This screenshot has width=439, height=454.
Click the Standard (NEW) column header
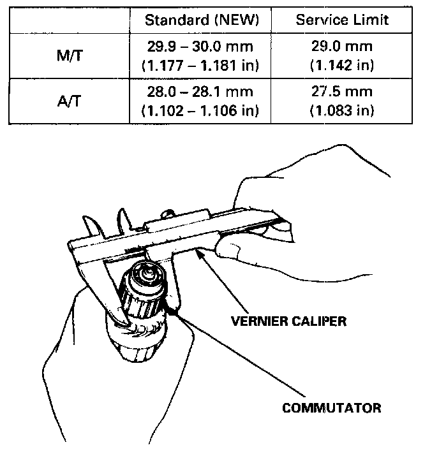pyautogui.click(x=202, y=20)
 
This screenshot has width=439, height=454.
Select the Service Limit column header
pyautogui.click(x=342, y=20)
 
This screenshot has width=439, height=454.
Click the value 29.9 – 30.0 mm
pyautogui.click(x=202, y=47)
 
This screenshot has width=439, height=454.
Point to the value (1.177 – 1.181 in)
pyautogui.click(x=202, y=64)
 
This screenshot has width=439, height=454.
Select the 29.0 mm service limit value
pyautogui.click(x=342, y=47)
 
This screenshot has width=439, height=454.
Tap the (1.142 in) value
pyautogui.click(x=342, y=64)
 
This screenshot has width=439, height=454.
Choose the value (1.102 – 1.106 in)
pyautogui.click(x=202, y=110)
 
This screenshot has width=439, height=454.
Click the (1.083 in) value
pyautogui.click(x=342, y=110)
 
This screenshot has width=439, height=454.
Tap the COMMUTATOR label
pyautogui.click(x=332, y=407)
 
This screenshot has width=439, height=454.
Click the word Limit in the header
pyautogui.click(x=371, y=20)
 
